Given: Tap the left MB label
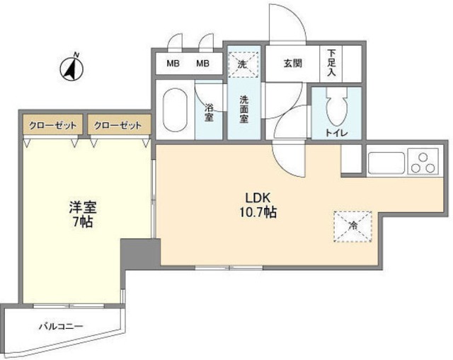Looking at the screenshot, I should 173,64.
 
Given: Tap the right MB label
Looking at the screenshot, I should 203,64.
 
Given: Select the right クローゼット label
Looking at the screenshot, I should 117,126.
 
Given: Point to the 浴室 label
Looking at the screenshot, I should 210,113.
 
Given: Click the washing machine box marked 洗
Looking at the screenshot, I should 244,63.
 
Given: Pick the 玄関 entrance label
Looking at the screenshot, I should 293,64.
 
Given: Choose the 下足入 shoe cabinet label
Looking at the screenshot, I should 331,64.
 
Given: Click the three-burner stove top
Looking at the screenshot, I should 423,162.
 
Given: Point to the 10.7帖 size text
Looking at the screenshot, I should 256,212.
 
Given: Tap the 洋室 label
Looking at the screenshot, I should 82,207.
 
